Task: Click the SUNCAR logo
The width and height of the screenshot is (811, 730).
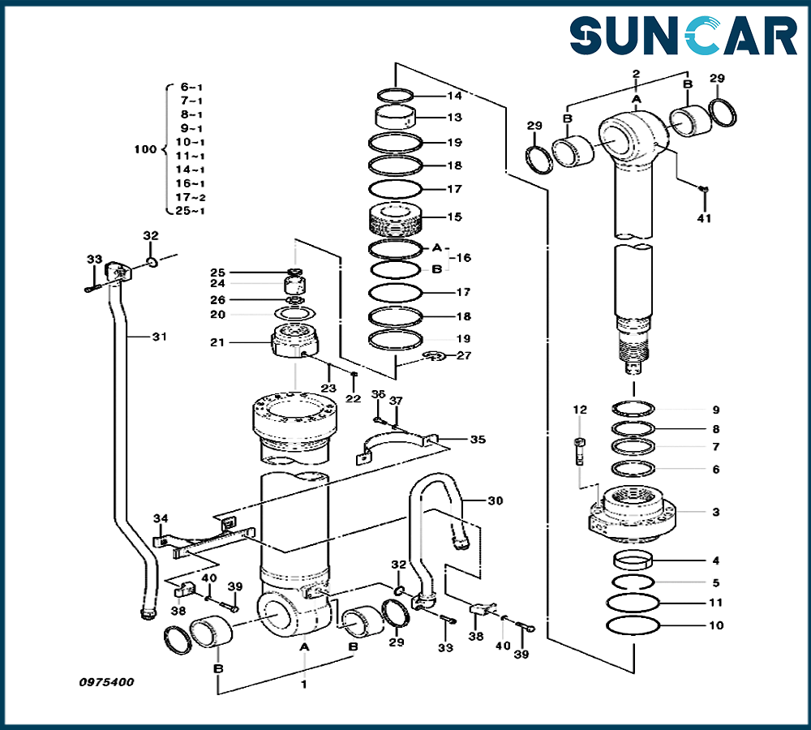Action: tap(683, 37)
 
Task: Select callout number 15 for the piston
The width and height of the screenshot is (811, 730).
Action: tap(454, 217)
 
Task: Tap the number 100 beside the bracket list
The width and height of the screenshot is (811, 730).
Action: tap(144, 149)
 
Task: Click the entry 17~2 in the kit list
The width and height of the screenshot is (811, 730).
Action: tap(191, 197)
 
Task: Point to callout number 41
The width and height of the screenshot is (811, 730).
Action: tap(704, 218)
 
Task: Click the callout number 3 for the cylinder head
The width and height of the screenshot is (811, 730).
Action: tap(715, 512)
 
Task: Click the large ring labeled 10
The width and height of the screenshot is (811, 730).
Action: tap(633, 625)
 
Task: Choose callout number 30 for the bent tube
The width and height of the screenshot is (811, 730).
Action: tap(495, 500)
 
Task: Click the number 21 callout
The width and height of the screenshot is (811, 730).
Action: tap(217, 342)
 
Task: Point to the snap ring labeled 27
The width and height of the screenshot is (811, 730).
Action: tap(435, 355)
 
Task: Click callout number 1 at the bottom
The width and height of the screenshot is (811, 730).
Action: tap(304, 685)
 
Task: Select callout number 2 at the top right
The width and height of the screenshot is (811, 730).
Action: tap(636, 74)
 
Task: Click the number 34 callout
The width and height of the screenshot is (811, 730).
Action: tap(161, 518)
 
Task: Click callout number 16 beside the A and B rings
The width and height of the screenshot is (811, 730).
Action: tap(463, 257)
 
